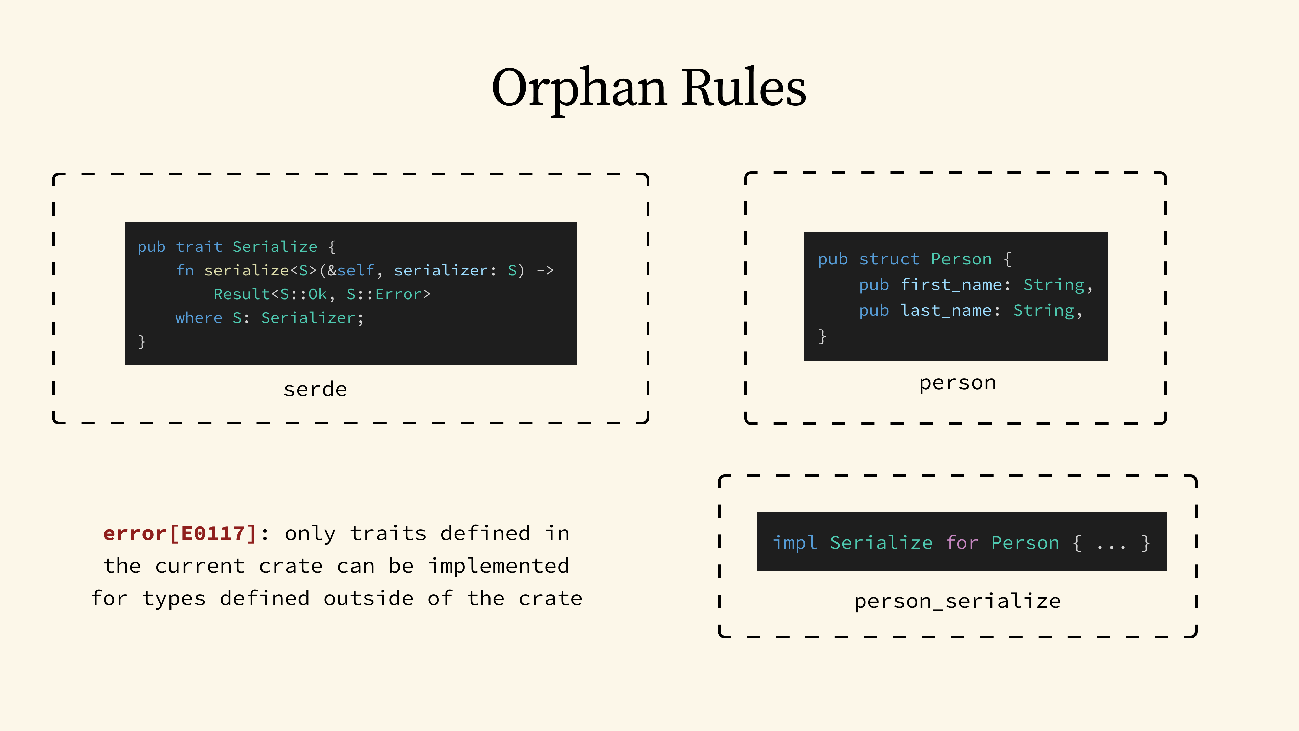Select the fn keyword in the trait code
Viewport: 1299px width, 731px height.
point(185,270)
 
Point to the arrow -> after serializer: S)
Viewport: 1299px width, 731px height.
point(545,270)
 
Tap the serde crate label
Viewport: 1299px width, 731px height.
point(315,390)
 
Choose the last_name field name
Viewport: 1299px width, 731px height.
point(946,310)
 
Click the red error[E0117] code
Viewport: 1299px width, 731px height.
point(180,533)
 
